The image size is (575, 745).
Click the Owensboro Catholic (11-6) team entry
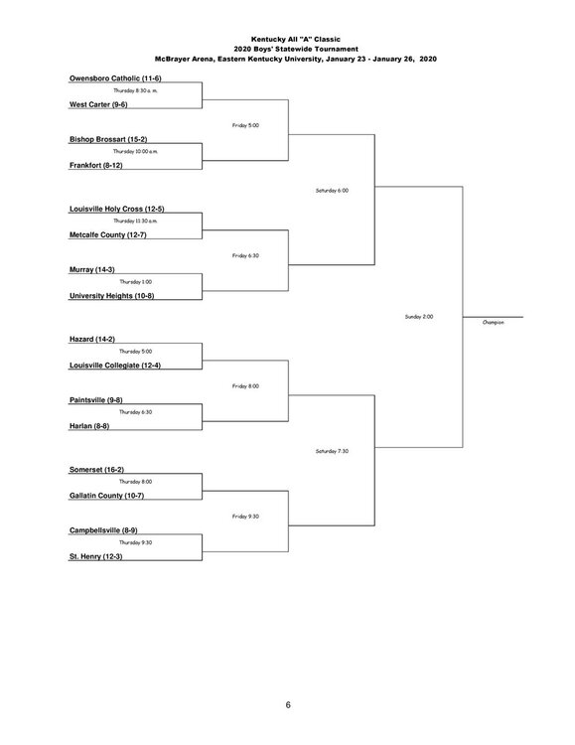(x=115, y=78)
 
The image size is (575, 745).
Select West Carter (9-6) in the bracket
(x=98, y=104)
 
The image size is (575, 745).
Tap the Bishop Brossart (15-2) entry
(x=108, y=139)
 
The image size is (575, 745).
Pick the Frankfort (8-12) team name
(x=96, y=165)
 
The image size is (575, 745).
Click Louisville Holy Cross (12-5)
(x=117, y=209)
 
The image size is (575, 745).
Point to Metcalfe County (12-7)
(x=108, y=234)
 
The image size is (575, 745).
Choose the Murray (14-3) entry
(x=92, y=269)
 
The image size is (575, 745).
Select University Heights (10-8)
(x=111, y=296)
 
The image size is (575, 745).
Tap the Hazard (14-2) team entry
(x=92, y=340)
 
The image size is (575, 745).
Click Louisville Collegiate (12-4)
(x=115, y=366)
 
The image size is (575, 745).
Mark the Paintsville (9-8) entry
(x=96, y=400)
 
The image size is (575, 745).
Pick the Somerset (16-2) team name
(x=97, y=470)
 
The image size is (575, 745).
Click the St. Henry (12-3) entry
(x=96, y=556)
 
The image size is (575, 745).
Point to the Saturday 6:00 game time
(x=332, y=191)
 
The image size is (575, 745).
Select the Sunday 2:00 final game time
(x=419, y=317)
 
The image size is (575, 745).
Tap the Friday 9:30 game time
(x=245, y=517)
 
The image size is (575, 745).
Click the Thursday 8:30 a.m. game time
(x=135, y=90)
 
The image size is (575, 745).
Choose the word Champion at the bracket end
(x=494, y=323)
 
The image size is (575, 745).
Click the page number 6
(x=288, y=705)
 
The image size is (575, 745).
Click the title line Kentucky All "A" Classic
(x=296, y=40)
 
